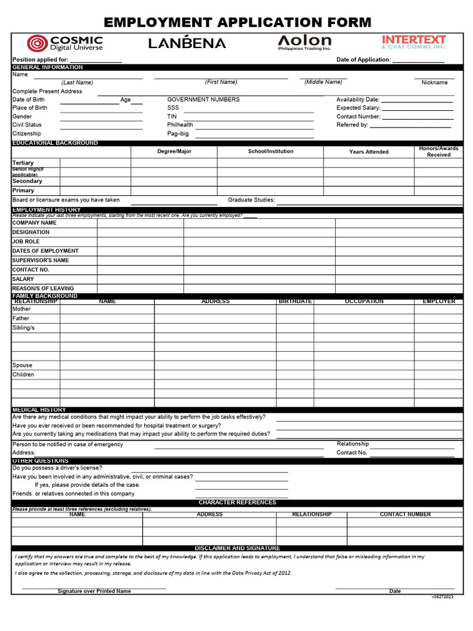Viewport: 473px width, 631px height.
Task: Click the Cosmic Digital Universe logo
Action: [65, 43]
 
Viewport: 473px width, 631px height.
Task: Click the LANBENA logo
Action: [187, 43]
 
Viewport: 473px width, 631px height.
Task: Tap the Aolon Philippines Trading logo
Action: [304, 42]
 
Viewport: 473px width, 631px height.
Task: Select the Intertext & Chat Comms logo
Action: [414, 42]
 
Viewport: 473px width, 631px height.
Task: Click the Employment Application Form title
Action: [237, 23]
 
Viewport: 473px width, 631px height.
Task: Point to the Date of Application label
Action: [363, 60]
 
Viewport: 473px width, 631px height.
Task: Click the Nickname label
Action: [434, 83]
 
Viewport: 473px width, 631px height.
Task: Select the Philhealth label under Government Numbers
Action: [180, 124]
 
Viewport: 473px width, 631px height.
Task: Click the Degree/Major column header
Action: [174, 152]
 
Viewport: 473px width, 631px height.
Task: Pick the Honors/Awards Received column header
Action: [439, 152]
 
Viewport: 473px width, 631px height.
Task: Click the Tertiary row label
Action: [23, 163]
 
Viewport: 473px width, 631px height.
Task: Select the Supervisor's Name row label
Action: [41, 260]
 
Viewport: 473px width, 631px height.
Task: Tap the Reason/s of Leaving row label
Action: [43, 288]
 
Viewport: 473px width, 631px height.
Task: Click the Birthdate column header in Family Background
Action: [295, 301]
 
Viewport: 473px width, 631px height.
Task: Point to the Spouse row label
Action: [22, 365]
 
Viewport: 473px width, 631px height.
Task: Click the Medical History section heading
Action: [39, 410]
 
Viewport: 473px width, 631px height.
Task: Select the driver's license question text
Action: [57, 468]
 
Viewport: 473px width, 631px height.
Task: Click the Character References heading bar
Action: [237, 503]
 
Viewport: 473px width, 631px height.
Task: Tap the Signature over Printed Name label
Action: [94, 591]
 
